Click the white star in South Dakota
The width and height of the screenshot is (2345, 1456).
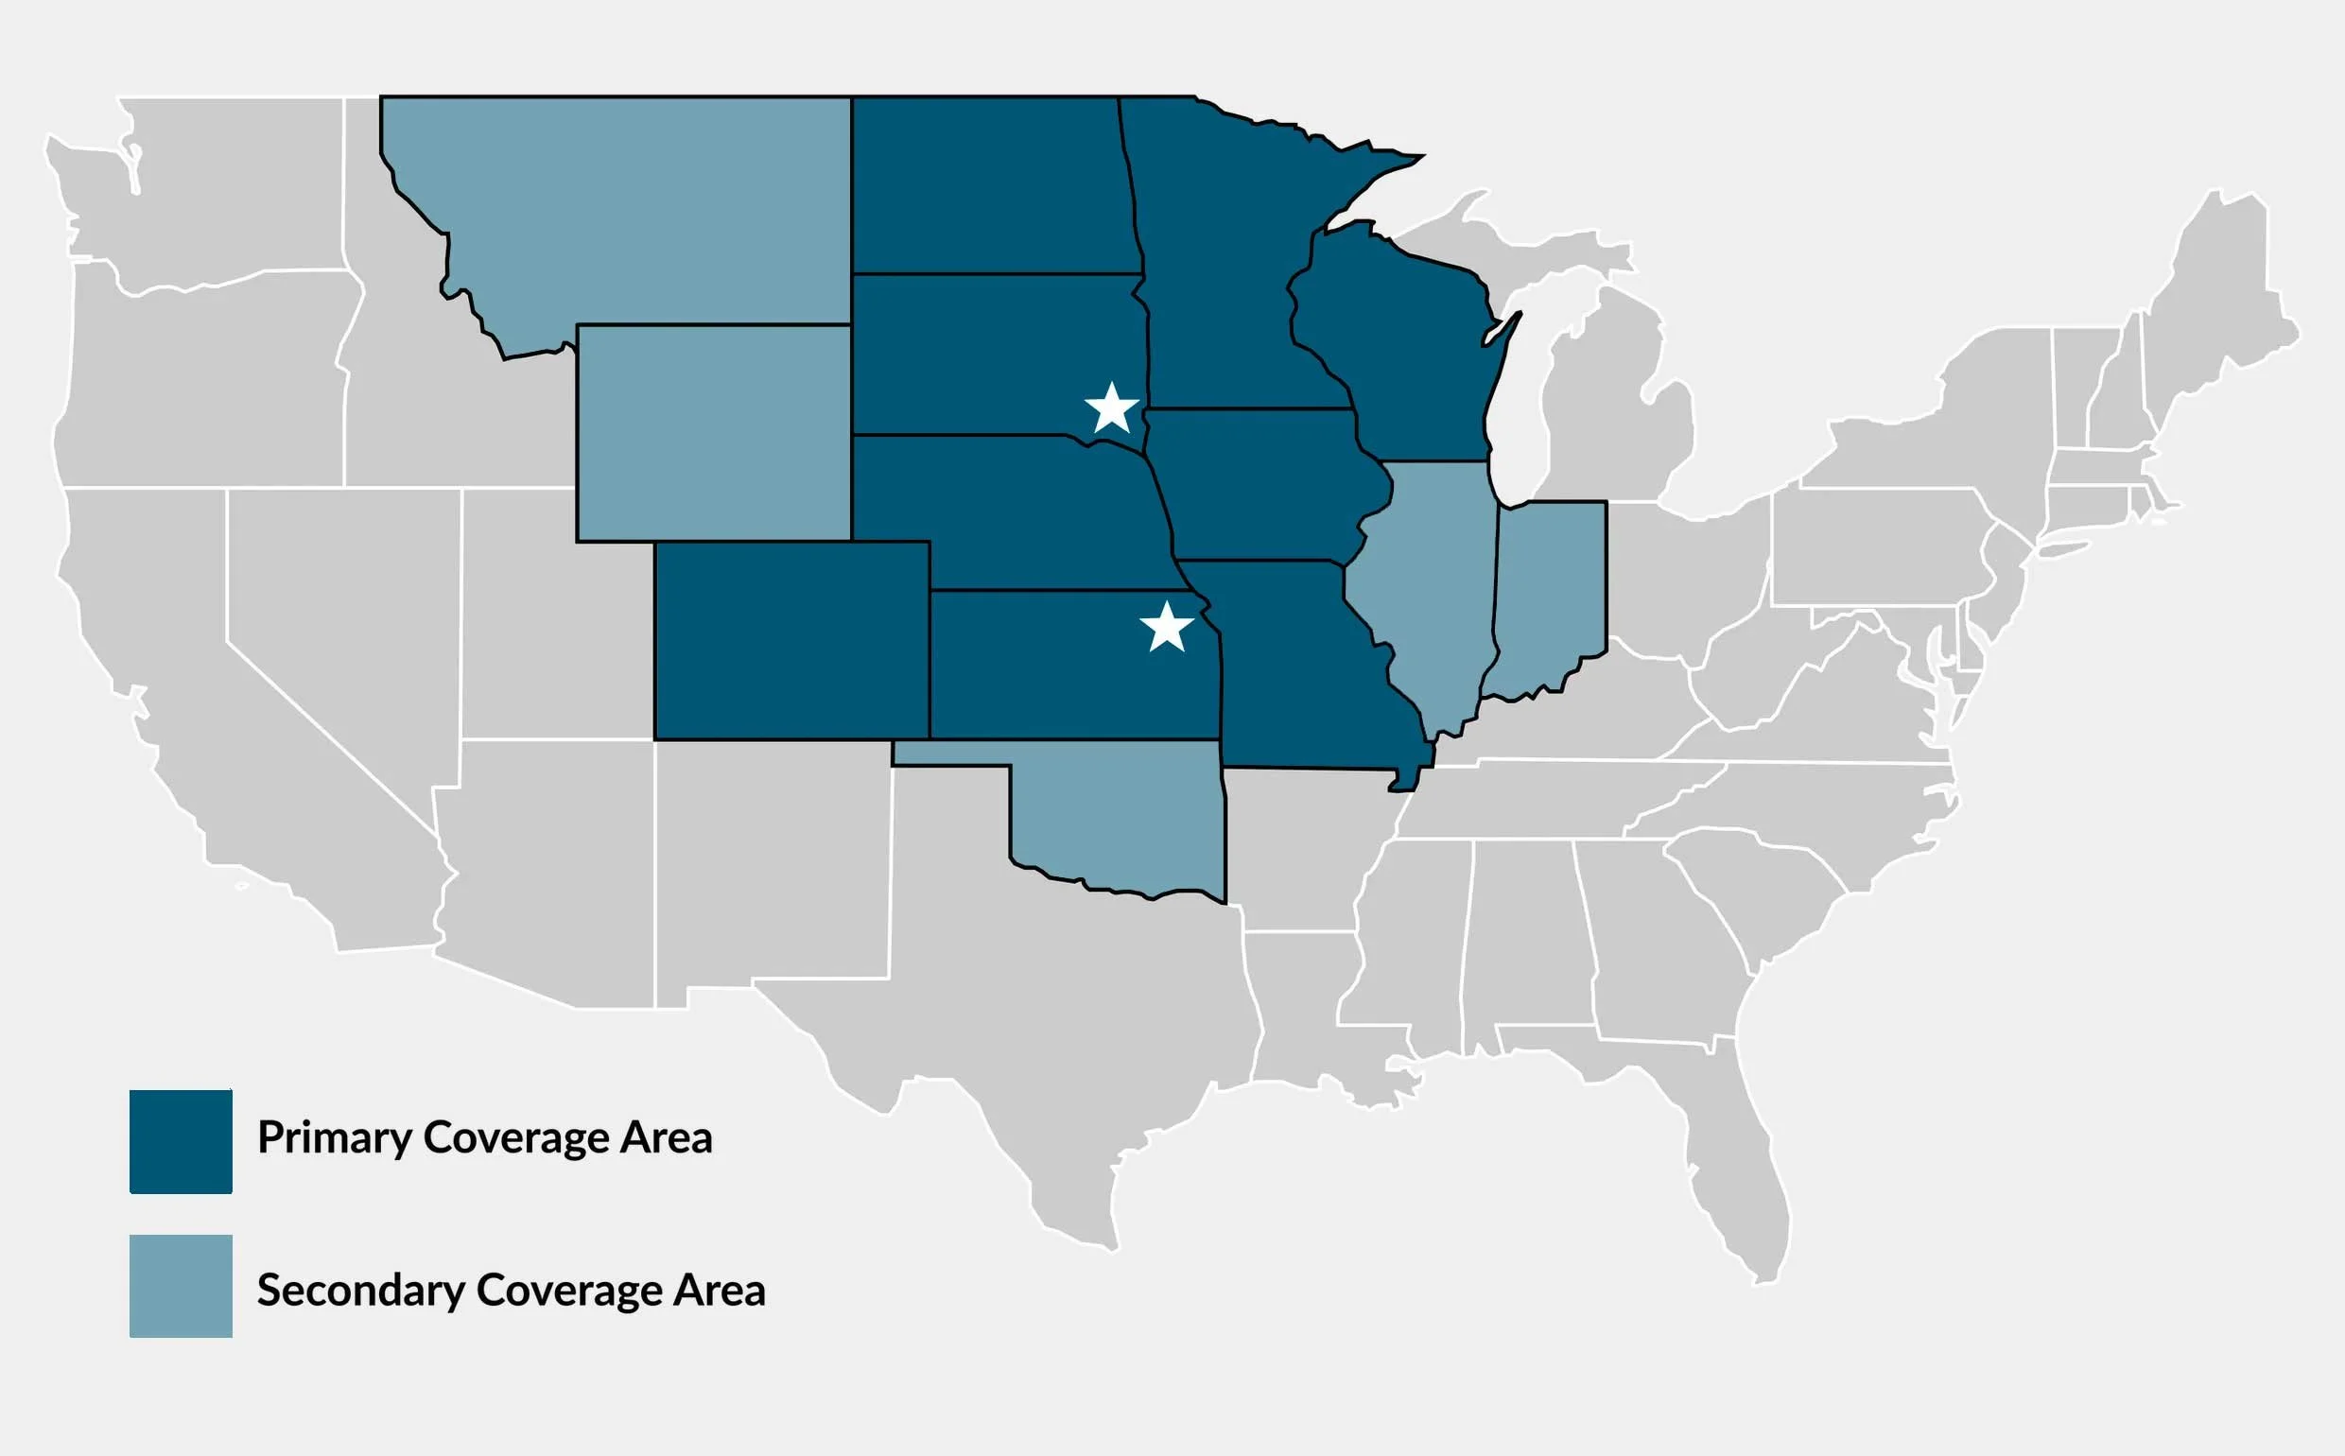click(1112, 408)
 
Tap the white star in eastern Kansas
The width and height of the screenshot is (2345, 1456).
click(1167, 628)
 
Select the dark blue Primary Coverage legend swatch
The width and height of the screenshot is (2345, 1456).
click(181, 1141)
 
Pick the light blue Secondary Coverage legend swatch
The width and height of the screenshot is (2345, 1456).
click(181, 1286)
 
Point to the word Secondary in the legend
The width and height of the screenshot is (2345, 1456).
click(360, 1291)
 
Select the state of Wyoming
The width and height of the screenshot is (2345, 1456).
click(714, 433)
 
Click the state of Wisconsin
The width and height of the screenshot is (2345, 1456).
click(1397, 356)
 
